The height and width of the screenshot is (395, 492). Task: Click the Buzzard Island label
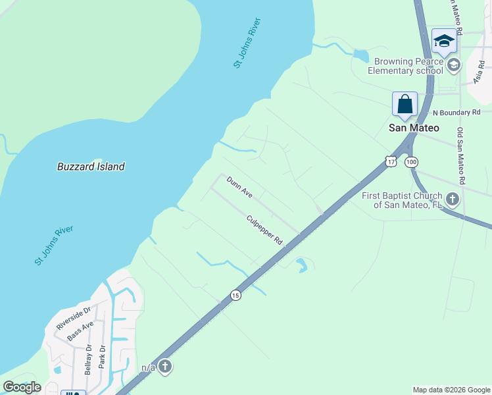point(91,167)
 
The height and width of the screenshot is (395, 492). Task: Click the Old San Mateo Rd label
point(462,156)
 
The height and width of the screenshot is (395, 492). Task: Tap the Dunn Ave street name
point(239,187)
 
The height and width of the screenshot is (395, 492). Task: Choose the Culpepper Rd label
point(264,230)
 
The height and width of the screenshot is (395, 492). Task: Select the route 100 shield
point(412,161)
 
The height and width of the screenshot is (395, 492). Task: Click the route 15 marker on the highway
point(235,296)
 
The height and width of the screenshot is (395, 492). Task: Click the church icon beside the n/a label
point(164,367)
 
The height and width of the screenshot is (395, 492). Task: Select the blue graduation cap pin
point(444,41)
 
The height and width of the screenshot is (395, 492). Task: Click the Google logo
point(22,387)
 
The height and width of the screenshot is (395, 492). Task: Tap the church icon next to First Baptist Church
point(452,199)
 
